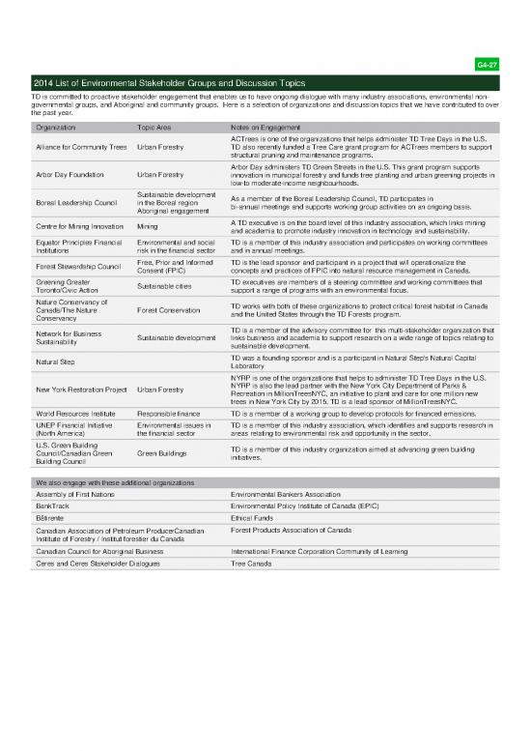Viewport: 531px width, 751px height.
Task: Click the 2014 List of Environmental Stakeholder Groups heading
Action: tap(174, 84)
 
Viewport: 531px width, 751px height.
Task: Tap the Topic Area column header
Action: tap(156, 127)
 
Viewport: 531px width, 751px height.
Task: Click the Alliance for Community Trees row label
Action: tap(80, 146)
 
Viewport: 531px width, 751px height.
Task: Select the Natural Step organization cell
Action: tap(54, 362)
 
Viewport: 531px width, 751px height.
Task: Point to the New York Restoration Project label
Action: tap(80, 390)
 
